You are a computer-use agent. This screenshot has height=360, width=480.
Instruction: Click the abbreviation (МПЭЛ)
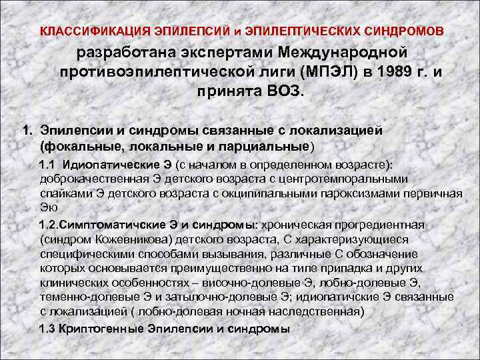pos(323,71)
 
